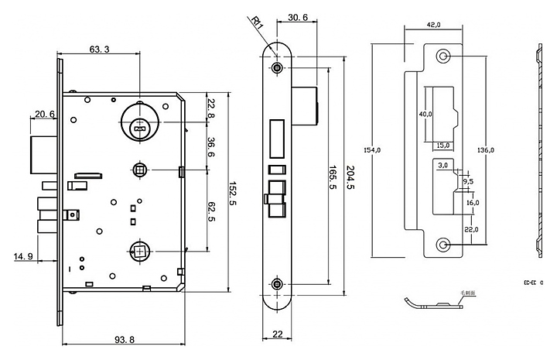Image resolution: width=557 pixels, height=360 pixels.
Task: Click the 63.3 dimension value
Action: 99,50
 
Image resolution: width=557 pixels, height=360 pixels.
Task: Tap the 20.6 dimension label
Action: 43,115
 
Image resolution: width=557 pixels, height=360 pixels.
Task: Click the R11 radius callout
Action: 258,22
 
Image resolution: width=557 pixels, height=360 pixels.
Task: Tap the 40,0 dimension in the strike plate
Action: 424,114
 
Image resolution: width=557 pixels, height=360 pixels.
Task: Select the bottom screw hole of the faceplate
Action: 278,284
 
